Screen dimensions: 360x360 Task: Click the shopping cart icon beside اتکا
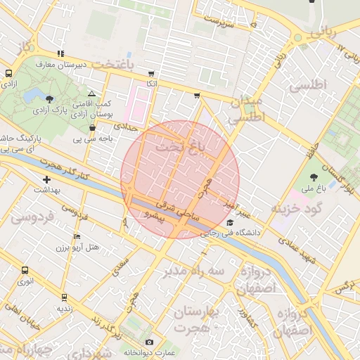151,73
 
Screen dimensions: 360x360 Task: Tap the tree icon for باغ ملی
314,176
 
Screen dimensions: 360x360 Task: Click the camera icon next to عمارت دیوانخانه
149,342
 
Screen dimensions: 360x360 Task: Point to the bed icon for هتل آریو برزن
77,236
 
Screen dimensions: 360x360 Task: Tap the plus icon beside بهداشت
46,179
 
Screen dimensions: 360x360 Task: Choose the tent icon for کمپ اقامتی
91,93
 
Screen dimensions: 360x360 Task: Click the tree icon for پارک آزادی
49,98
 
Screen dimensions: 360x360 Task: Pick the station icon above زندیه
64,297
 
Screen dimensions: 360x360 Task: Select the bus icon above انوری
25,270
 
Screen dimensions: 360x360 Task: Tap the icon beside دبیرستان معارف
61,53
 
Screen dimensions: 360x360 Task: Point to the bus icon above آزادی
8,72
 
